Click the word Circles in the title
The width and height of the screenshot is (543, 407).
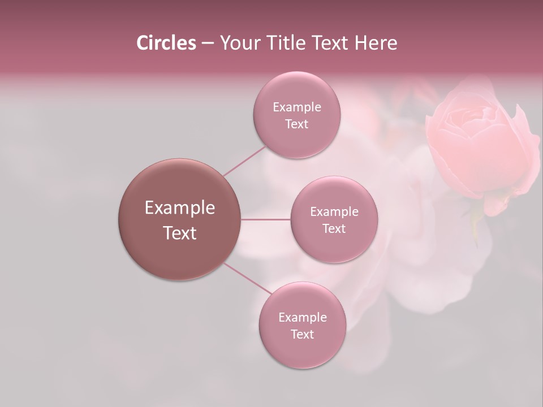pos(166,43)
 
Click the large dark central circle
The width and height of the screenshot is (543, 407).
pos(179,187)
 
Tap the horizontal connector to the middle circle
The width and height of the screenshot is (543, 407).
pos(265,219)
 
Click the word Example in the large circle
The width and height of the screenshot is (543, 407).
pos(180,208)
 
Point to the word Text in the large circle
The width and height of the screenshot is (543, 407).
pos(180,233)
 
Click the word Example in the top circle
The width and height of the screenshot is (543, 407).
pos(297,107)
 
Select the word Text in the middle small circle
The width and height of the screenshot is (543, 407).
pos(334,228)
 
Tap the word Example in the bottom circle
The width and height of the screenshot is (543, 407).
pos(303,317)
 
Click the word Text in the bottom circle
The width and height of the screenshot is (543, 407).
pos(303,334)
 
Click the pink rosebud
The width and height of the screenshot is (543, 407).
pos(481,147)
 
